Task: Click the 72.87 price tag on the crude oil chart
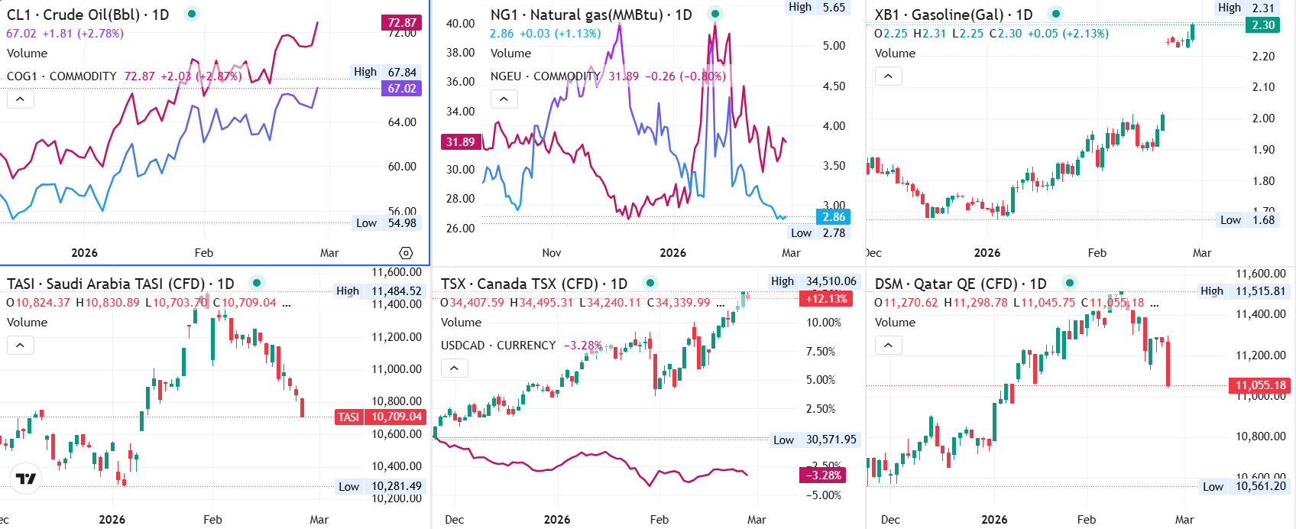click(402, 23)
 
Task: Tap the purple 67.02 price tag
click(402, 89)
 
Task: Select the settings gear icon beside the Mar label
click(406, 253)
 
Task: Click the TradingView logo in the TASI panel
click(26, 479)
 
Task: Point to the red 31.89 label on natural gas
click(461, 141)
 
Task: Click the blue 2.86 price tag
click(834, 217)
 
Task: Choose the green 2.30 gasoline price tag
click(1263, 25)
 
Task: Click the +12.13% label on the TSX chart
click(826, 299)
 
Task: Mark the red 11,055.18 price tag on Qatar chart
click(1261, 385)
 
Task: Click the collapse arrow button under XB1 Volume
click(888, 76)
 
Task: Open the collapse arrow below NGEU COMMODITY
click(504, 99)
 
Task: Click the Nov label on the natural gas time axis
click(552, 253)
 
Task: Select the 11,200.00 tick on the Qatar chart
click(1261, 355)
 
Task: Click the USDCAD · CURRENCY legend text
click(498, 346)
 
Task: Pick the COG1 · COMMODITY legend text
click(62, 76)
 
